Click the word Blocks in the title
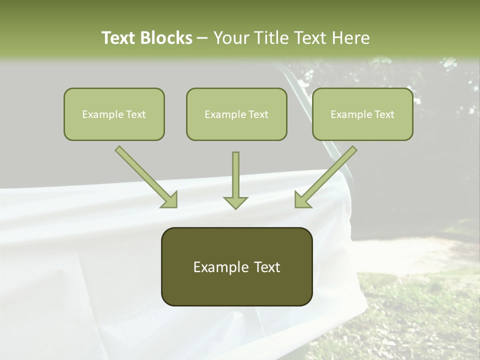(x=167, y=38)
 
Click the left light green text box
(x=114, y=114)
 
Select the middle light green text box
(x=236, y=114)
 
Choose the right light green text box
(x=362, y=114)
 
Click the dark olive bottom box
(x=236, y=266)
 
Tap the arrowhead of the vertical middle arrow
(x=235, y=202)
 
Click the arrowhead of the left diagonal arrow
(x=170, y=200)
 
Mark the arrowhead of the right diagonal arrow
(x=301, y=200)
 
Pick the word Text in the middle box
(x=258, y=114)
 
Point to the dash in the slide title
(x=202, y=38)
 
